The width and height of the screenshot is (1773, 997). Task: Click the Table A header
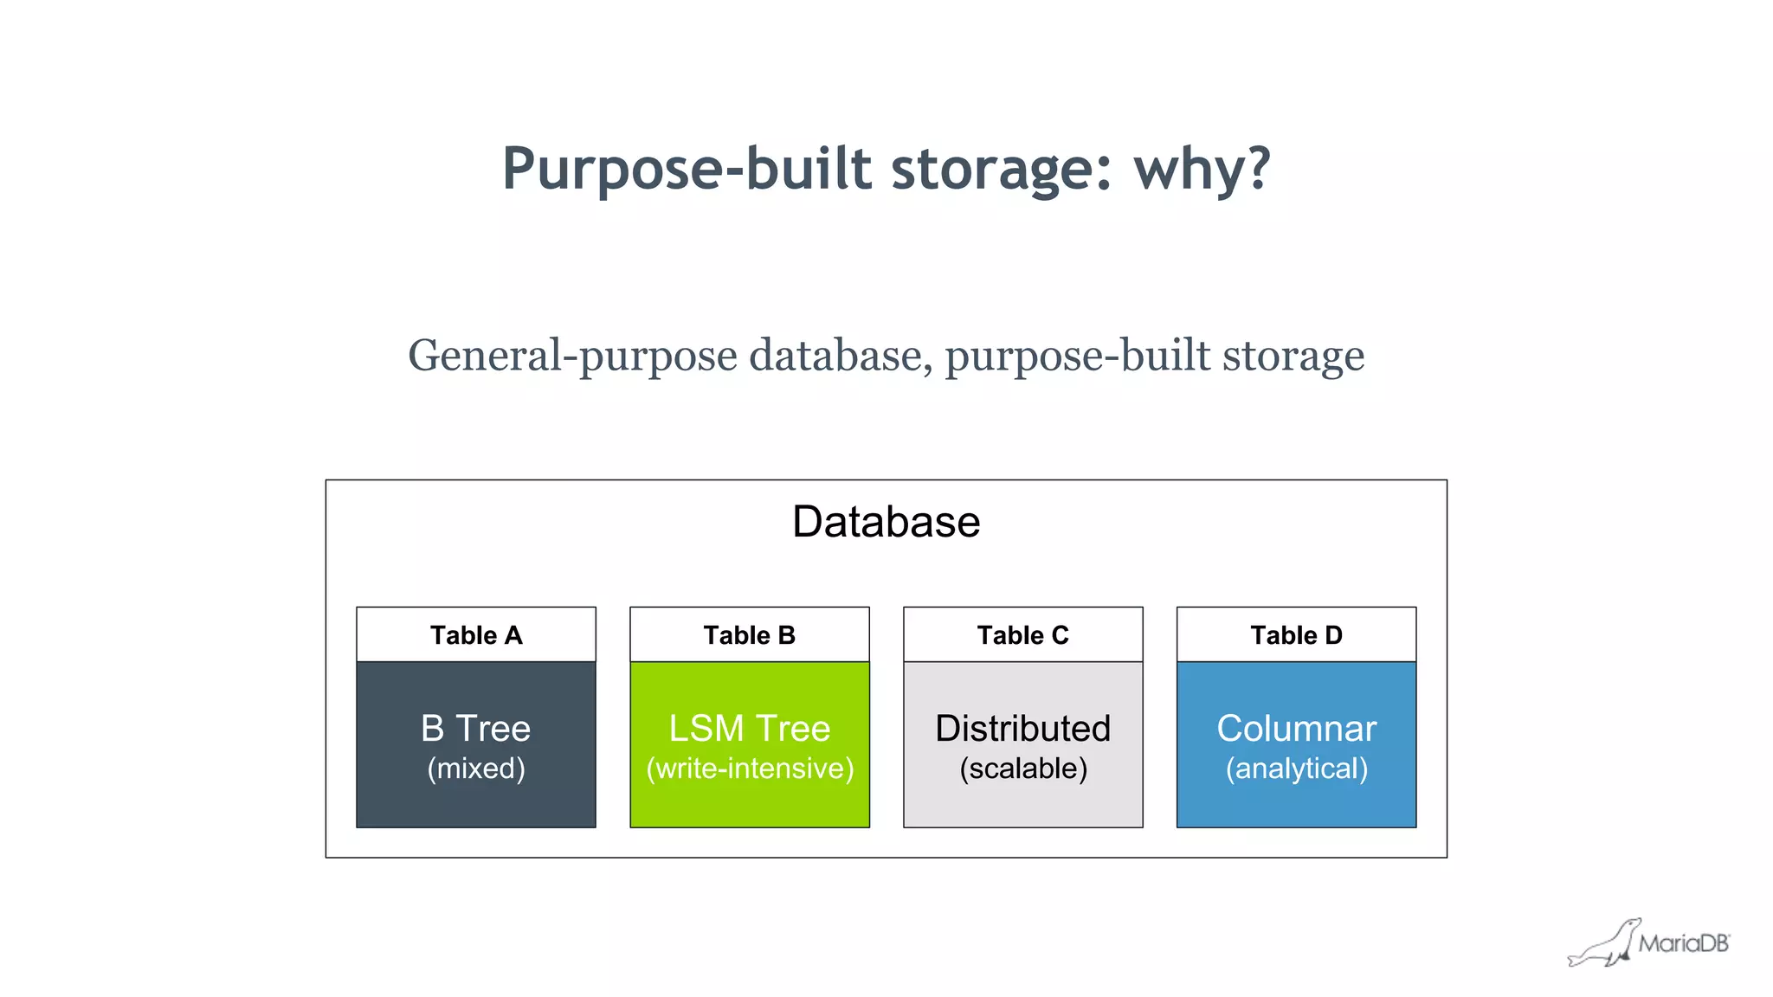(476, 635)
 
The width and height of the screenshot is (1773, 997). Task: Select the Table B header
(749, 635)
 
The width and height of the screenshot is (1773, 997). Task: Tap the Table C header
(1022, 635)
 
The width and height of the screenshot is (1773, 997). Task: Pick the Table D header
(1296, 635)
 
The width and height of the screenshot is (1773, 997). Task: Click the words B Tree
(475, 729)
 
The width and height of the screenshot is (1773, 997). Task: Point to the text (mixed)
(475, 769)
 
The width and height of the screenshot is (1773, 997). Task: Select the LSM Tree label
(749, 729)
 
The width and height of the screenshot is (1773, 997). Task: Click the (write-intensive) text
(750, 769)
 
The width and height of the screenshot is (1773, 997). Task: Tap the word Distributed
(1022, 729)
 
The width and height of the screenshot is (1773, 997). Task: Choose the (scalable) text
(1022, 769)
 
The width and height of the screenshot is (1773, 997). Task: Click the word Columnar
(1296, 729)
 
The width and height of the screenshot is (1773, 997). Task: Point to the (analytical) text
(1296, 769)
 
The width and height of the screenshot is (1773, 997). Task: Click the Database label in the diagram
(886, 522)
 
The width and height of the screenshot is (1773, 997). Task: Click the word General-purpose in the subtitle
(572, 357)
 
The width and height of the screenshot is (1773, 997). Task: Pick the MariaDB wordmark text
(1683, 943)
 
